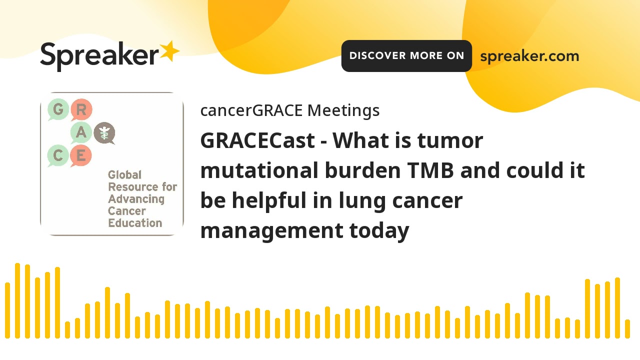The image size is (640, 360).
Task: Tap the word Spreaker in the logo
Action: click(x=99, y=55)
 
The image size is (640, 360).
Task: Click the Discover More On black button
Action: click(x=406, y=56)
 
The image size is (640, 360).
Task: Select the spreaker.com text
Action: click(x=529, y=56)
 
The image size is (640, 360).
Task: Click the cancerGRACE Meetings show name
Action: click(x=289, y=110)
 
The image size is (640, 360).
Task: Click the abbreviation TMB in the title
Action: click(x=430, y=171)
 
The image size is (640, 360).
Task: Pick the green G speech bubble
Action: click(x=58, y=109)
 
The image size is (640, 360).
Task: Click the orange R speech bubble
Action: click(x=81, y=109)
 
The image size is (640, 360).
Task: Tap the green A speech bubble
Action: click(x=81, y=133)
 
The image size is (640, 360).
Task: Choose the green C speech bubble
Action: click(x=58, y=156)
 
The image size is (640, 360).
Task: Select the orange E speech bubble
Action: click(x=81, y=156)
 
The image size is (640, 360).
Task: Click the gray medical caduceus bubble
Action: click(x=104, y=133)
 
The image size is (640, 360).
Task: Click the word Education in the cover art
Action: click(x=135, y=223)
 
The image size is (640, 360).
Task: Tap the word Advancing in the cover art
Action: click(x=136, y=199)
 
